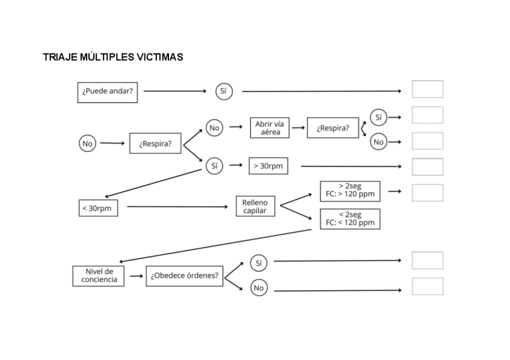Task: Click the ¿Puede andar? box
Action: click(x=108, y=92)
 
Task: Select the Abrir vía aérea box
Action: click(x=269, y=128)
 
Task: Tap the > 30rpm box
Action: click(x=268, y=166)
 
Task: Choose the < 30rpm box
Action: click(x=98, y=208)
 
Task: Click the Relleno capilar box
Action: click(x=255, y=207)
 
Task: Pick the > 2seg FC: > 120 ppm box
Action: click(x=350, y=191)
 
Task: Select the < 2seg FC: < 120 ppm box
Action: click(x=350, y=219)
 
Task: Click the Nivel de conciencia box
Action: click(x=99, y=276)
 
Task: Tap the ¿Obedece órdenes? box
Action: click(x=184, y=276)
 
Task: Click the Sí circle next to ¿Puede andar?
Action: click(x=224, y=91)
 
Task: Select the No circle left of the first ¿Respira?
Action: click(x=88, y=144)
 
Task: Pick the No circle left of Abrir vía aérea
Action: click(x=214, y=128)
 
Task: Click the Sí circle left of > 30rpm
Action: click(x=214, y=166)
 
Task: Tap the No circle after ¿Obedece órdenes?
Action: click(x=259, y=288)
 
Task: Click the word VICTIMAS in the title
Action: click(x=158, y=58)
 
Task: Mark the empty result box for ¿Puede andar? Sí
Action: click(x=427, y=90)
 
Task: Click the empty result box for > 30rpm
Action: click(x=427, y=166)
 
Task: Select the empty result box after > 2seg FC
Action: click(x=427, y=193)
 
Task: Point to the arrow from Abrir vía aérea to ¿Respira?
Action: click(x=298, y=128)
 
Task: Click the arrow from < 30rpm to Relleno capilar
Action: click(x=177, y=207)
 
